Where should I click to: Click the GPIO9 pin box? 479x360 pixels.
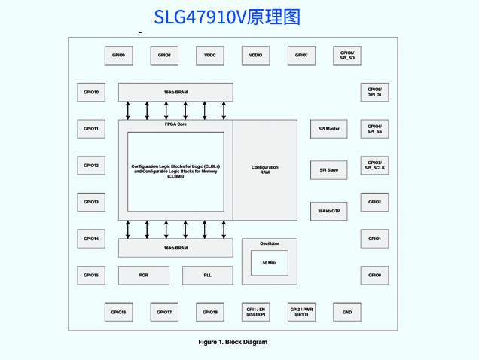[118, 56]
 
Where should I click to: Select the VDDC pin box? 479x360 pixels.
[209, 56]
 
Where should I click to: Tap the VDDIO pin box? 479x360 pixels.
[255, 56]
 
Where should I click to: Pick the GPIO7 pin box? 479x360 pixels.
[301, 56]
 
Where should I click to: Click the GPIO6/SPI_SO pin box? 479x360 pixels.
[347, 56]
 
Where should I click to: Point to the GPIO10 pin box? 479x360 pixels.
[91, 92]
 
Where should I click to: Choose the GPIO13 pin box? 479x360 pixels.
[91, 202]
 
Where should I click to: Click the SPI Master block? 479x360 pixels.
[328, 129]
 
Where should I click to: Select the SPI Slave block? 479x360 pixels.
[328, 170]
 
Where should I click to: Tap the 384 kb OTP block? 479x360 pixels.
[328, 212]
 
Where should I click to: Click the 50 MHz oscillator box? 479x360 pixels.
[269, 263]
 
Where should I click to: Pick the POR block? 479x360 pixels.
[143, 276]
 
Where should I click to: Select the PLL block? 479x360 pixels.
[208, 276]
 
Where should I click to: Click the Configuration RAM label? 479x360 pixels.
[264, 169]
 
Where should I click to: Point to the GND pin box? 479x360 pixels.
[347, 312]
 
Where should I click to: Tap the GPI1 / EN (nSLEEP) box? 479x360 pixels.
[255, 312]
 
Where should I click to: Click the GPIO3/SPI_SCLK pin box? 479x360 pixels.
[374, 166]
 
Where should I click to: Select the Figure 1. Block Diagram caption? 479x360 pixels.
[233, 342]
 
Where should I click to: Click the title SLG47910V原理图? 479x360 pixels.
[227, 17]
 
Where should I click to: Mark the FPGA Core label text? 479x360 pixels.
[175, 124]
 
